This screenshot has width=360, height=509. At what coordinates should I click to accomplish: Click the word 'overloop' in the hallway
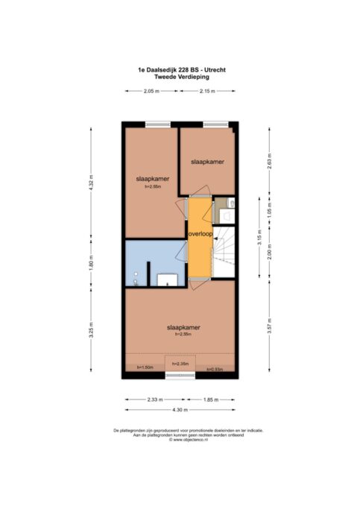coord(200,233)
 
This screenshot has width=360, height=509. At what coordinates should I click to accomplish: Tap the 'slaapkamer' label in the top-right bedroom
coord(207,161)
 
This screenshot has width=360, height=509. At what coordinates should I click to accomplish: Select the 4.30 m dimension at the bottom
coord(180,411)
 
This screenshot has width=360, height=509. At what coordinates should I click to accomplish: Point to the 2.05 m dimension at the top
coord(151,91)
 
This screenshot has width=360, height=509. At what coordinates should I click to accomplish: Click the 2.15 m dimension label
coord(207,91)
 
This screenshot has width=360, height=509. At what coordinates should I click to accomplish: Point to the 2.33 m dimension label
coord(154,399)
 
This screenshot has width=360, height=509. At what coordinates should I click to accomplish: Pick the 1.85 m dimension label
coord(211,399)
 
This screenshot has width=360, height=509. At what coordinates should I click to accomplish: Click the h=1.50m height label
coord(145,367)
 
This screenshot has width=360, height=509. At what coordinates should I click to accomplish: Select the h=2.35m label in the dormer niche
coord(180,364)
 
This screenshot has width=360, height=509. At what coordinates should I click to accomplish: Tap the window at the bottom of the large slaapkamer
coord(180,375)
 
